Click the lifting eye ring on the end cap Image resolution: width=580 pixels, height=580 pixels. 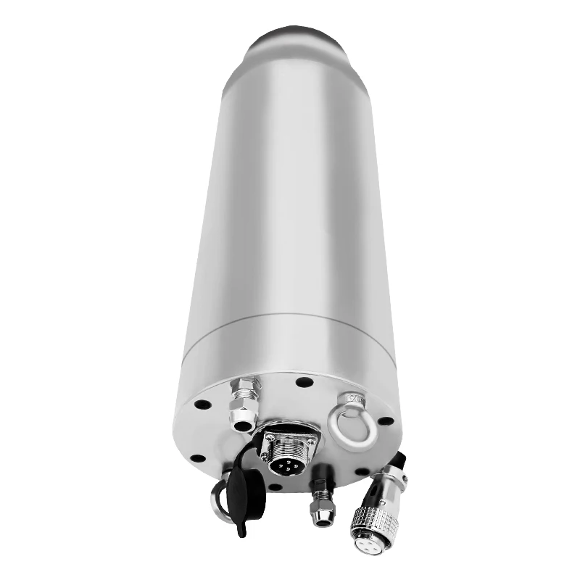tap(350, 428)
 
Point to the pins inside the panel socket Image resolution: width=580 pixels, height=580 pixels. tap(285, 460)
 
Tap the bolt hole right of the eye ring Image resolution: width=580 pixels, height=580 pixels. tap(386, 420)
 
